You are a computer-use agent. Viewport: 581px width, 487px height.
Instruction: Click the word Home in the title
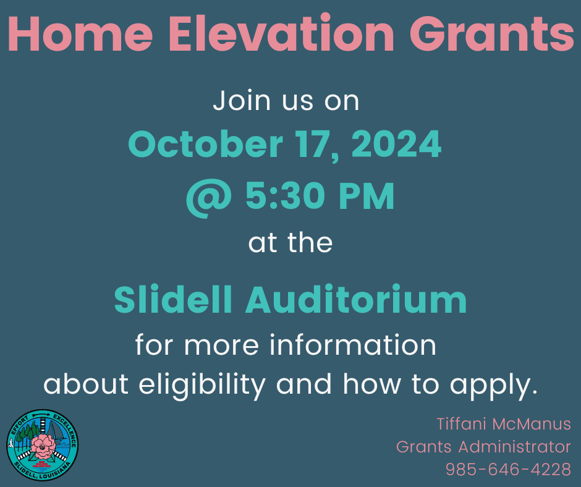[80, 33]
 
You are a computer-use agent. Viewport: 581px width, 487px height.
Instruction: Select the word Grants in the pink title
[492, 33]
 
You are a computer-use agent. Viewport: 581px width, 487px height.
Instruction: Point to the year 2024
[396, 144]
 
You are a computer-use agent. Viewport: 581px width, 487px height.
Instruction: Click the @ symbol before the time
[210, 198]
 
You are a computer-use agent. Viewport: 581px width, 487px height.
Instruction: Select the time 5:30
[285, 196]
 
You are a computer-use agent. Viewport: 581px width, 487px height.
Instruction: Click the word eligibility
[202, 384]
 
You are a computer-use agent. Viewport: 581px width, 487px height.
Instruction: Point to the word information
[353, 345]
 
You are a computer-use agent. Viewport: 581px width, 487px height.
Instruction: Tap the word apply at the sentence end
[493, 386]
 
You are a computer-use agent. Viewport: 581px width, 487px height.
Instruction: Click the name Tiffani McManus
[504, 424]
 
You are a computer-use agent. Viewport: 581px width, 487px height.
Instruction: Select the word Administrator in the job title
[514, 447]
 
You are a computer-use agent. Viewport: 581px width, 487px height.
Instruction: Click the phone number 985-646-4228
[508, 470]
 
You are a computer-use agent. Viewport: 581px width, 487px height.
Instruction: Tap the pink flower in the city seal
[43, 446]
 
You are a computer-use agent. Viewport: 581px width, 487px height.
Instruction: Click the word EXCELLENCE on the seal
[66, 429]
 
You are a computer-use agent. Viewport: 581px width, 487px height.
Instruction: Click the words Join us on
[286, 101]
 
